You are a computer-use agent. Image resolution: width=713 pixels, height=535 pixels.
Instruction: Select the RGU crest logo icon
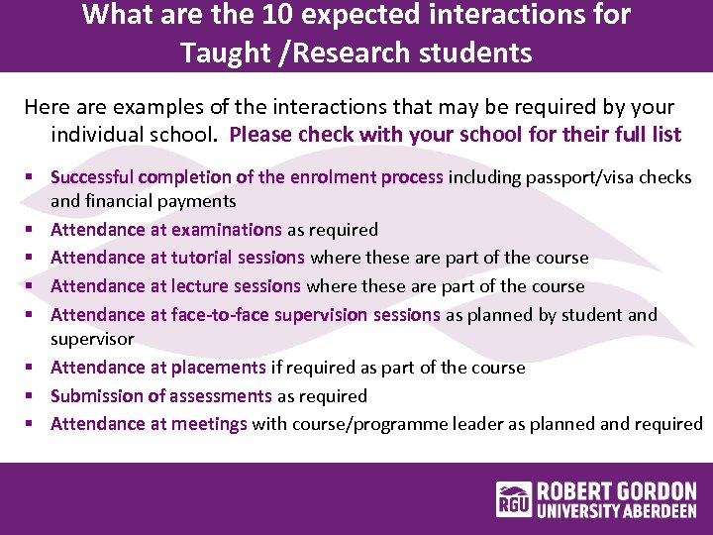click(x=514, y=500)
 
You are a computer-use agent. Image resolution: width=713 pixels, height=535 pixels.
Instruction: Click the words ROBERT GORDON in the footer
click(x=617, y=490)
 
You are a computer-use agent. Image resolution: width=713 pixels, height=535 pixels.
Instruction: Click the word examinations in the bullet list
click(x=227, y=230)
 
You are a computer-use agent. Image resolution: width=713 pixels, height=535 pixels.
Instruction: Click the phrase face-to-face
click(x=227, y=315)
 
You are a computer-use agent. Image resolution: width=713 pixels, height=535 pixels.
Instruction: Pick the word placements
click(x=219, y=368)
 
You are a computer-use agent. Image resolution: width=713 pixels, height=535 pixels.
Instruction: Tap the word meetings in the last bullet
click(x=209, y=424)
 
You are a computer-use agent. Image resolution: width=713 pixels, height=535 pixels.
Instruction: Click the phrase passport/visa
click(x=560, y=177)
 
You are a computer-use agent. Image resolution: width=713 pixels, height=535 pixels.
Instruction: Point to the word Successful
click(x=92, y=177)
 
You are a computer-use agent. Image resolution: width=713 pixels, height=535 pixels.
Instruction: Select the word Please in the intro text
click(x=261, y=135)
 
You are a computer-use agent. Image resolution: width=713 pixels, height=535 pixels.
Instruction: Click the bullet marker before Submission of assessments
click(x=32, y=396)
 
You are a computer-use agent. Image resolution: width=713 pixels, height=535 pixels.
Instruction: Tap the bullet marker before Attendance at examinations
click(x=32, y=230)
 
